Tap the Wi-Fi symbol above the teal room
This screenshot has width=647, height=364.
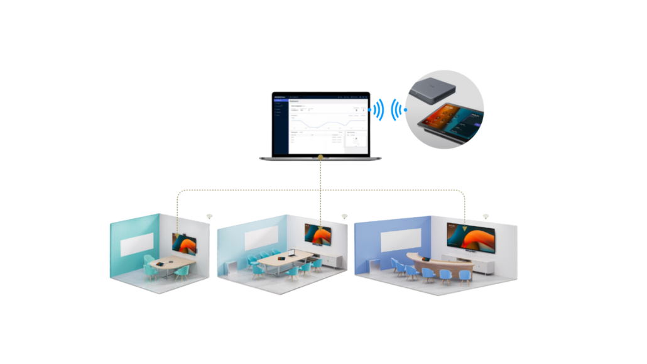(209, 216)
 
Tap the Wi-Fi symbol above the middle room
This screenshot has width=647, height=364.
(344, 216)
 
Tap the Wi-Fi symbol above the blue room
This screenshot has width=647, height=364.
(486, 216)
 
